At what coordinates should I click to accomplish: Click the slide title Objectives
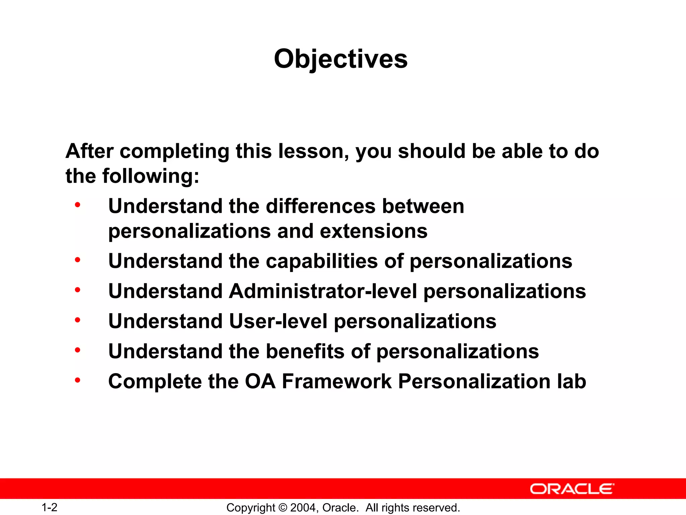pyautogui.click(x=341, y=59)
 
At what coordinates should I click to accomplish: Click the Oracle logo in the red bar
pyautogui.click(x=572, y=489)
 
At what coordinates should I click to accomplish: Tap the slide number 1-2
pyautogui.click(x=49, y=507)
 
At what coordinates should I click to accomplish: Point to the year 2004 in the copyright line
pyautogui.click(x=302, y=508)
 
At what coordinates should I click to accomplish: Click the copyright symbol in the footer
pyautogui.click(x=283, y=508)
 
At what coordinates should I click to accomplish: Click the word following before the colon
pyautogui.click(x=147, y=176)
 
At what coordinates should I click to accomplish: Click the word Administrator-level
pyautogui.click(x=323, y=291)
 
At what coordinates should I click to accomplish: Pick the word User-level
pyautogui.click(x=278, y=321)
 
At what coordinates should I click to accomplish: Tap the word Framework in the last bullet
pyautogui.click(x=337, y=382)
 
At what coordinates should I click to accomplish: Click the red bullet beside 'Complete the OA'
pyautogui.click(x=78, y=380)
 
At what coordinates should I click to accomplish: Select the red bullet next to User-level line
pyautogui.click(x=78, y=320)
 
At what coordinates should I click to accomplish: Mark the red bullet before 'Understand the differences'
pyautogui.click(x=78, y=205)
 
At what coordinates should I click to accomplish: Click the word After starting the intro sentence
pyautogui.click(x=89, y=151)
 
